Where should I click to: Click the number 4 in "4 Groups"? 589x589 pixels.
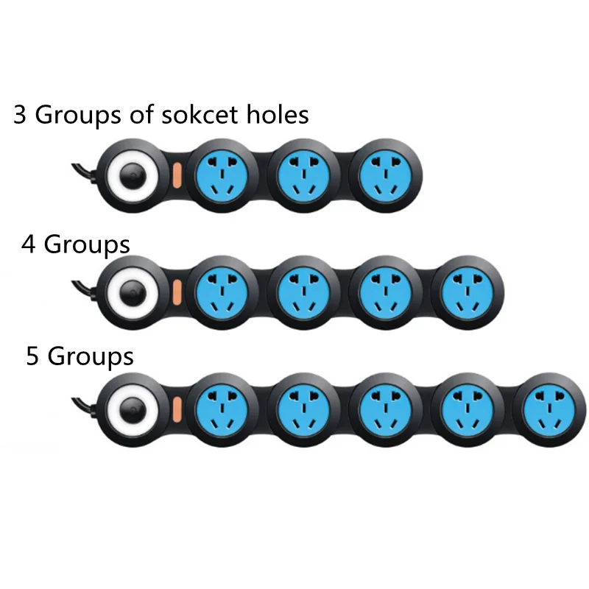tap(29, 244)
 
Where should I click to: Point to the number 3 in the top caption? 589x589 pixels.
tap(21, 116)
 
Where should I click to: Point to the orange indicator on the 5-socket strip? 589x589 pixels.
tap(177, 406)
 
